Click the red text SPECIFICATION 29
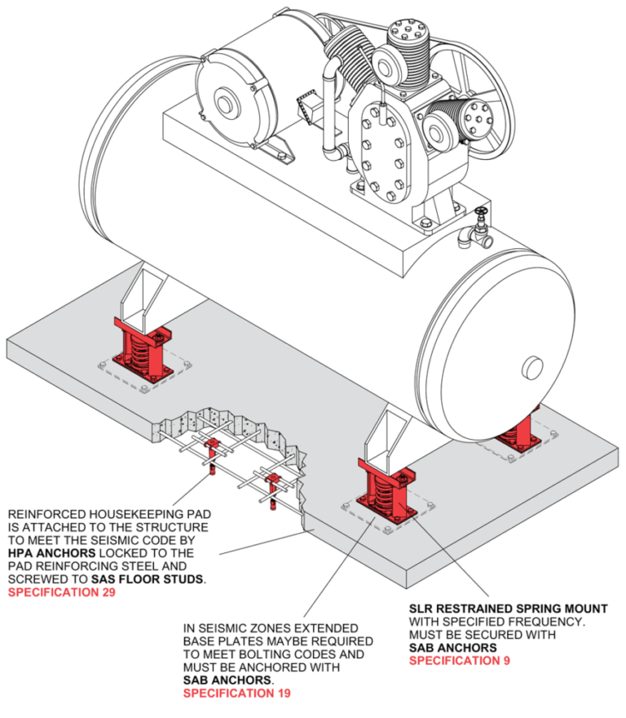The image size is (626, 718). (61, 593)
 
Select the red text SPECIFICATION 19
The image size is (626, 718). (236, 694)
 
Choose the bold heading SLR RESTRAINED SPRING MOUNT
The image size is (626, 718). (508, 609)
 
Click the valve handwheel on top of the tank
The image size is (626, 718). (483, 217)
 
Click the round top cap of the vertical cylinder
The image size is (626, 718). (405, 36)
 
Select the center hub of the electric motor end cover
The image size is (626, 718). (223, 106)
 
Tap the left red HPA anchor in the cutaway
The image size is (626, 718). (213, 450)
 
